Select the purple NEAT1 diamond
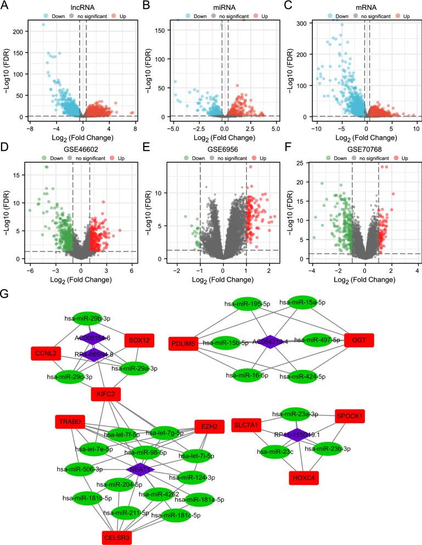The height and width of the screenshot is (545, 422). pos(140,469)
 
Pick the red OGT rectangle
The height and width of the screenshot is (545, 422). pos(359,340)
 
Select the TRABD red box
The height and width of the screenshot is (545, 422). pos(69,422)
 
